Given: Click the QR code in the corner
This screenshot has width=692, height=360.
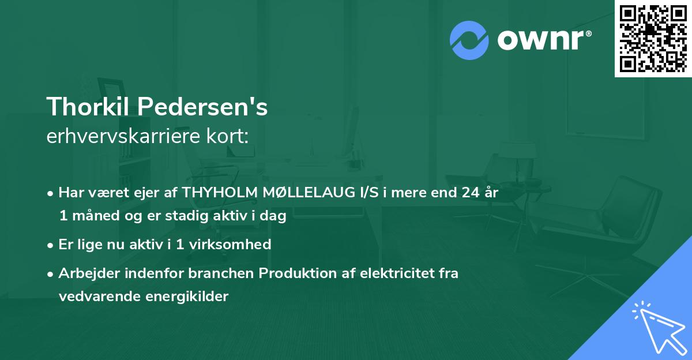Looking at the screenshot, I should point(653,38).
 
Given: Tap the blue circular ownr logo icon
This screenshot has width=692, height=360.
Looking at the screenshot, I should point(469,40).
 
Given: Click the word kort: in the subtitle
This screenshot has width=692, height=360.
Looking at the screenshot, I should point(228,136).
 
